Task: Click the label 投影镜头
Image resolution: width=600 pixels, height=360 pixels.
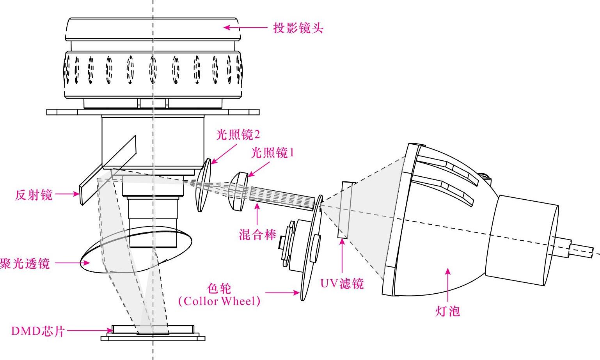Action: click(298, 28)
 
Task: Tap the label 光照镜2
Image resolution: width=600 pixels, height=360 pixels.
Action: click(238, 135)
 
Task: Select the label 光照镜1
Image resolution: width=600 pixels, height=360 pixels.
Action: click(272, 153)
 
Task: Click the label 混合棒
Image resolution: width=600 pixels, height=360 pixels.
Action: click(257, 234)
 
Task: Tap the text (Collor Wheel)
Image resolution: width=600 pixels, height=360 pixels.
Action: click(219, 301)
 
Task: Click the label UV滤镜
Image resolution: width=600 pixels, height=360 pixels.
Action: click(342, 283)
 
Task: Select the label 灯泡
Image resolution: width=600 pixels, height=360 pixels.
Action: click(447, 311)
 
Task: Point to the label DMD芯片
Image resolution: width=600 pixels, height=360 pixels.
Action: click(37, 331)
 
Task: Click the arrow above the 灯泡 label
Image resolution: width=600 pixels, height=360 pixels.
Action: click(448, 285)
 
